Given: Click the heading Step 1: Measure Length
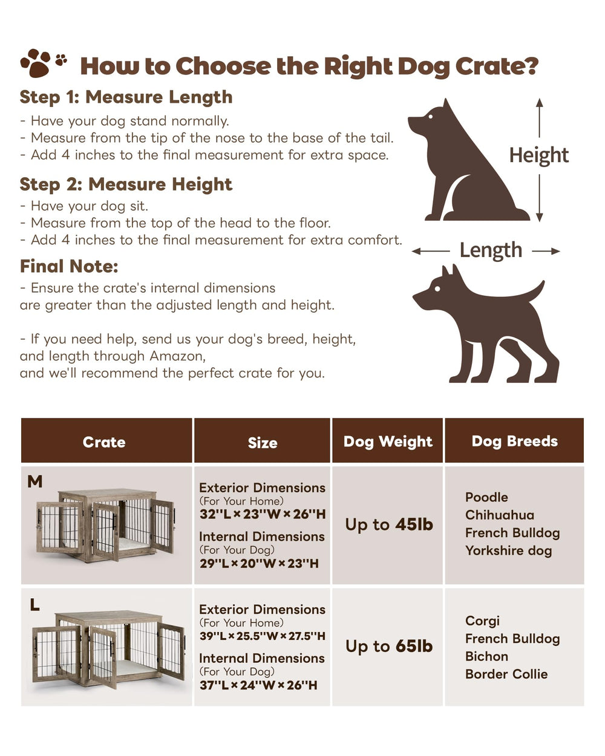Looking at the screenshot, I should point(126,97).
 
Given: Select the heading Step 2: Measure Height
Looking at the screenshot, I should point(126,184).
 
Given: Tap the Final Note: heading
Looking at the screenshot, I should point(69,266).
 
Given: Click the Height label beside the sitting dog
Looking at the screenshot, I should point(538,155).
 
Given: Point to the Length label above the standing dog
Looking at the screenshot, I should point(491,250).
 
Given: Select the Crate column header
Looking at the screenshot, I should point(104,442).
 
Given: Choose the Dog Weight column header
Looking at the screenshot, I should point(388,442).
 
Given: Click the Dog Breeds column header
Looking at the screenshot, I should point(514,442).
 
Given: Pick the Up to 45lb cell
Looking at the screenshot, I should point(389,524).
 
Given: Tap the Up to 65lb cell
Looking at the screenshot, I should point(389,647).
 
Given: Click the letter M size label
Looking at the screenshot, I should point(35,481).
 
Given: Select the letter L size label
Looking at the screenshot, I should point(35,604).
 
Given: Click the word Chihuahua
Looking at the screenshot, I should point(499,515).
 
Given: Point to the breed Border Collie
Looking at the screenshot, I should point(506,674).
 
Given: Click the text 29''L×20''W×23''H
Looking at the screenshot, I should point(258,564).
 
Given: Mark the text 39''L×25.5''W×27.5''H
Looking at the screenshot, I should point(262,636).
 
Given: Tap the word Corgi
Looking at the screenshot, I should point(482,621).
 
